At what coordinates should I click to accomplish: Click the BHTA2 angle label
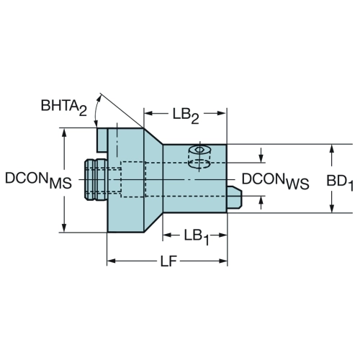pos(64,107)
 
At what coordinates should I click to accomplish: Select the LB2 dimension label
pos(186,116)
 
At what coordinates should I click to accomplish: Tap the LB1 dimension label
pos(197,237)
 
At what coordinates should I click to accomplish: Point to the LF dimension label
pos(168,261)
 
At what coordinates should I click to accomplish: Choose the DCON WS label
pos(275,181)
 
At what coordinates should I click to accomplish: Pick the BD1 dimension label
pos(340,182)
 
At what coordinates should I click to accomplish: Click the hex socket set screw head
pos(199,150)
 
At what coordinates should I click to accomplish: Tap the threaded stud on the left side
pos(96,179)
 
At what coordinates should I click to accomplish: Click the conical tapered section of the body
pos(153,180)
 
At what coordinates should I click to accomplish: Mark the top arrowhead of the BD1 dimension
pos(331,148)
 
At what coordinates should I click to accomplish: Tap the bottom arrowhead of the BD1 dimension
pos(331,208)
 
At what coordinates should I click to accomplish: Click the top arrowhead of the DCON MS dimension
pos(64,132)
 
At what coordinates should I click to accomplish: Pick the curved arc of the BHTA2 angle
pos(96,110)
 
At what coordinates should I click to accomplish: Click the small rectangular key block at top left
pos(102,140)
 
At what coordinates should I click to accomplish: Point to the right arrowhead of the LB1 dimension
pos(222,235)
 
